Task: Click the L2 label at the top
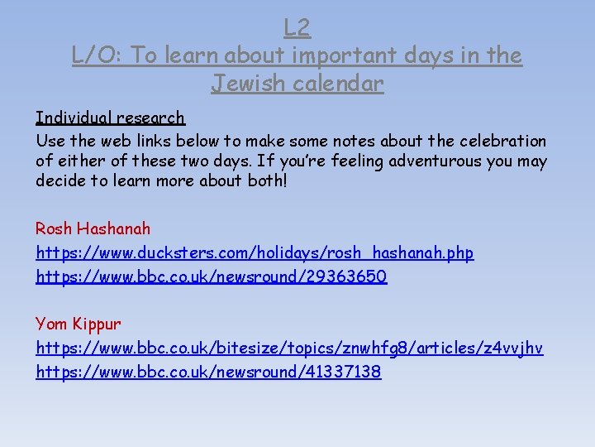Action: point(297,28)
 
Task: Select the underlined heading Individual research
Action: point(110,118)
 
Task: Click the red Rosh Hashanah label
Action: point(93,228)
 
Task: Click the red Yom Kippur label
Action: point(78,323)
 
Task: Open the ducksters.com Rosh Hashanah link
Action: point(255,252)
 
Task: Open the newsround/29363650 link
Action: point(211,276)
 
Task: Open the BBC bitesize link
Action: point(289,348)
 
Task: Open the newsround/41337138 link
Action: point(208,372)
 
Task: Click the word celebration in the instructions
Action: point(499,141)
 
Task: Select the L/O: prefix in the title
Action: point(98,55)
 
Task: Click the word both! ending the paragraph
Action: point(267,180)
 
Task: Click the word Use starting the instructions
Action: point(49,141)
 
